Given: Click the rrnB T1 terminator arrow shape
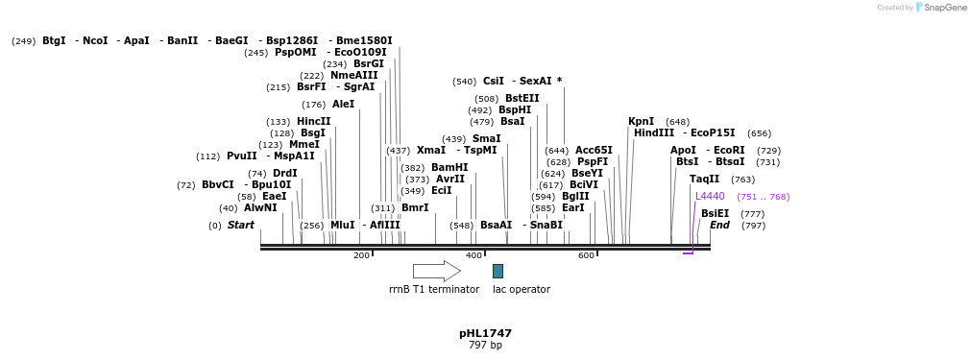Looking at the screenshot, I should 436,271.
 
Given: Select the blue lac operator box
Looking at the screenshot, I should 498,271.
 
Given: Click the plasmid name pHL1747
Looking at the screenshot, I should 485,333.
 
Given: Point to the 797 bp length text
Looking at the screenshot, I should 485,345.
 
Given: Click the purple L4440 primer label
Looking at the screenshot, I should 710,196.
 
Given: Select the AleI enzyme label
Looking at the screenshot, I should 343,104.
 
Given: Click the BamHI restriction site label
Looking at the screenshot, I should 449,167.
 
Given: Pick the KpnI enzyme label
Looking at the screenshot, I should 641,121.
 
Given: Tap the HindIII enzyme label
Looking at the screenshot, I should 653,133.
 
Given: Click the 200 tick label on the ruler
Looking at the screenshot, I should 361,255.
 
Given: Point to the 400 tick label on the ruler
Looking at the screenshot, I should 473,255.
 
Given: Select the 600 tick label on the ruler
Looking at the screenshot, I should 586,255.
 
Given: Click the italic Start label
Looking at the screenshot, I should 240,225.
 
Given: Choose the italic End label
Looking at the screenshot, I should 719,225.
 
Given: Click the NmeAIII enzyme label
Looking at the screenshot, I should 354,75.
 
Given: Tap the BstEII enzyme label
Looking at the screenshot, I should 522,98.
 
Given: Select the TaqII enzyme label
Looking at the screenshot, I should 704,179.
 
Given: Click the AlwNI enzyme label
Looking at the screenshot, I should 260,207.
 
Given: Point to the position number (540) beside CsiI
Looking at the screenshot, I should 465,82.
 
